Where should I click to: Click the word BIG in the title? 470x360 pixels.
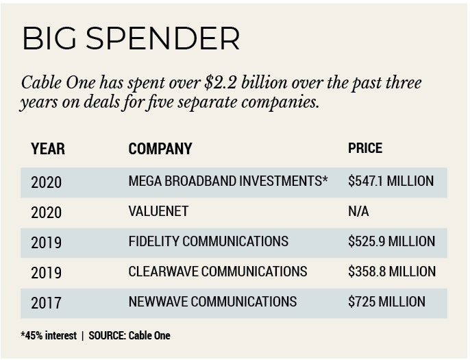[x=48, y=39]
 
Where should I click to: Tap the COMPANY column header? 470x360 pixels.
[x=160, y=149]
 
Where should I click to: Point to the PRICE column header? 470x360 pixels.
[x=365, y=148]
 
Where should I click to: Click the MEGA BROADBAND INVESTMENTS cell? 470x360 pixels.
[x=228, y=182]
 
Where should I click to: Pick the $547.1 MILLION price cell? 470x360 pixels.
[x=391, y=182]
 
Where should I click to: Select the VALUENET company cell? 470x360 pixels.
[x=158, y=211]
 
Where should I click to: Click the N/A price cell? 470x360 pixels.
[x=358, y=211]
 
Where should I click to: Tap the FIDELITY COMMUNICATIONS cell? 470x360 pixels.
[x=208, y=241]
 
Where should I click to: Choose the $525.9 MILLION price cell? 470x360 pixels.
[x=391, y=241]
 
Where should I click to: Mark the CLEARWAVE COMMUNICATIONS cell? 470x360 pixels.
[x=218, y=272]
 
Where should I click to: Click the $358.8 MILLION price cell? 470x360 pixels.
[x=391, y=272]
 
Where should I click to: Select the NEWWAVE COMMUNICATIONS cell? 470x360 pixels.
[x=212, y=302]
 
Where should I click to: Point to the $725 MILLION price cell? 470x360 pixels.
[x=386, y=302]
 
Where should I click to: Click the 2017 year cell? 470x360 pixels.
[x=46, y=302]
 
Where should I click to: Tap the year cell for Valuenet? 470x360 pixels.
[x=46, y=212]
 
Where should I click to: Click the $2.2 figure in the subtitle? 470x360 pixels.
[x=221, y=84]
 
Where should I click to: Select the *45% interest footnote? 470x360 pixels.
[x=50, y=336]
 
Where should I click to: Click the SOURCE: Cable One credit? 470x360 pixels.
[x=129, y=336]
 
